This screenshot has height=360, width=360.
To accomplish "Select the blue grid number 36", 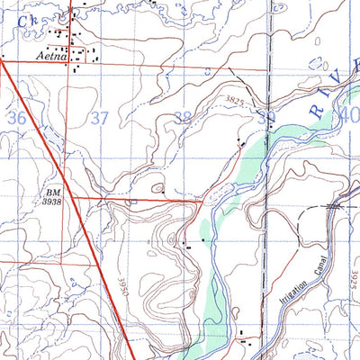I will click(15, 118).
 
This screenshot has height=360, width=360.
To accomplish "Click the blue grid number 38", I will click(182, 118).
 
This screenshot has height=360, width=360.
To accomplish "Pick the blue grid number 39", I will click(264, 118).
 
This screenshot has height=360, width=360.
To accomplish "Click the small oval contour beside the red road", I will click(158, 189).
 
